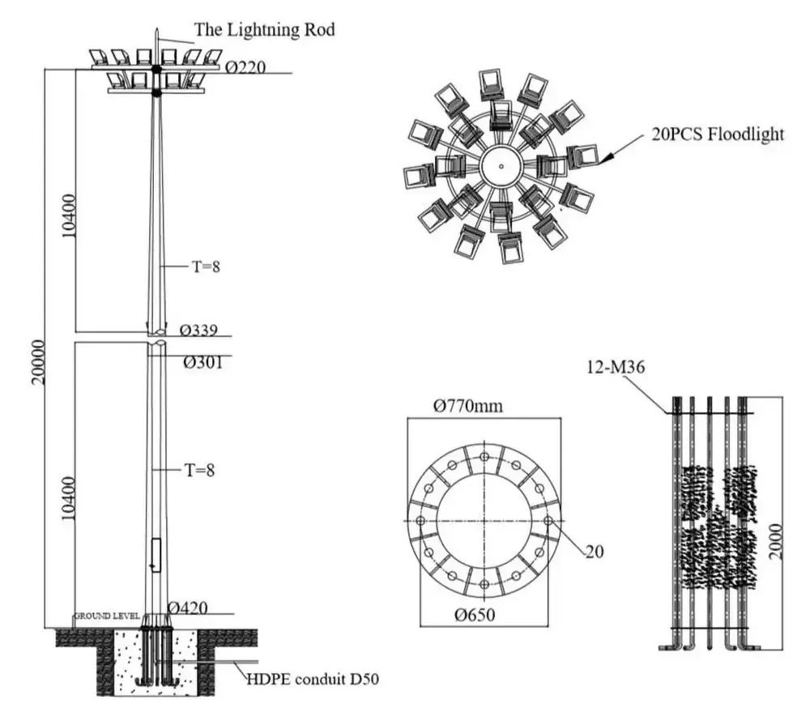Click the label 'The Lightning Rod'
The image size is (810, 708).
tap(264, 30)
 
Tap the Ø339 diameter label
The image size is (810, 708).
tap(201, 331)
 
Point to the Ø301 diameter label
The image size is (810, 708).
tap(201, 363)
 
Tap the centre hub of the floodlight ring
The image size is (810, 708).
tap(501, 167)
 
